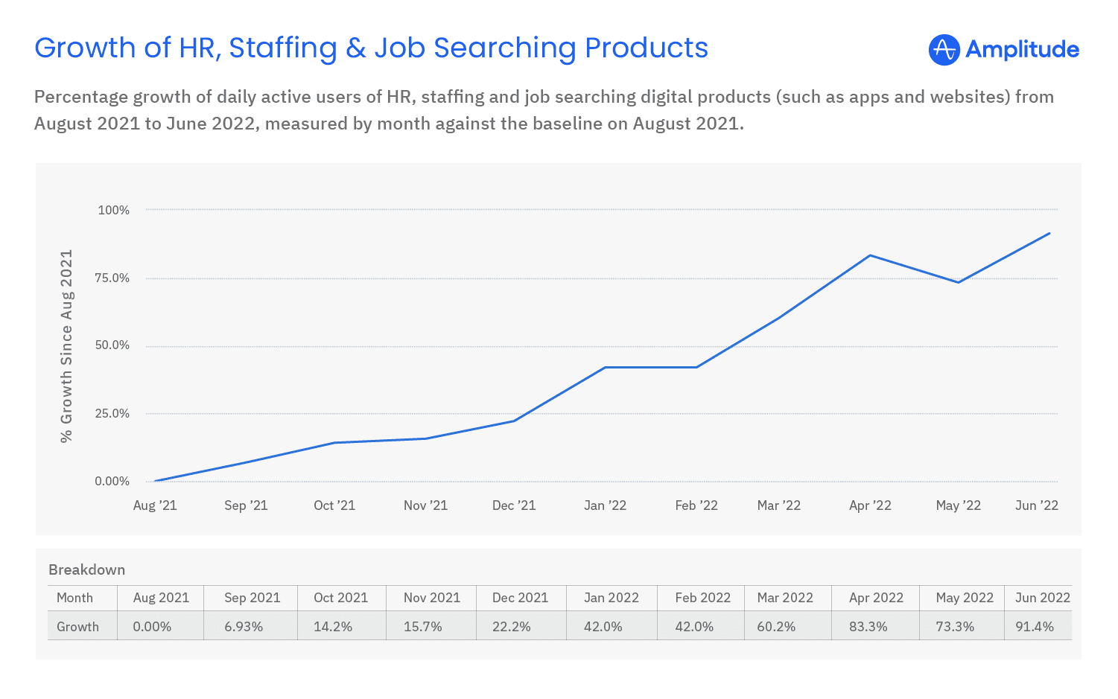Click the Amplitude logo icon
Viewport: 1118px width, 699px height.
944,50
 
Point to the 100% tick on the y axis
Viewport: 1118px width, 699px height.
114,210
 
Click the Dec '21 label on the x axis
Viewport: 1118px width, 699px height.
514,505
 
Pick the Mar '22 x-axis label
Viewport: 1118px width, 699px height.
778,505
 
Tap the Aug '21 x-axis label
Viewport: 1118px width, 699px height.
155,505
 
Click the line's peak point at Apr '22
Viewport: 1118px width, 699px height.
870,255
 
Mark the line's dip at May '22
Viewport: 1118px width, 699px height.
959,282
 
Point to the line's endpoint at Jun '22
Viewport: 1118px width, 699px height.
1049,233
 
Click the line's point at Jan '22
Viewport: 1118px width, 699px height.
605,367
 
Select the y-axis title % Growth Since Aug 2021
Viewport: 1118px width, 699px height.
67,345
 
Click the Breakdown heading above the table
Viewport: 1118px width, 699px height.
86,569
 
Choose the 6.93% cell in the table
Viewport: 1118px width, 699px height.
244,627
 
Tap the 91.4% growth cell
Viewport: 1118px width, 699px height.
1035,627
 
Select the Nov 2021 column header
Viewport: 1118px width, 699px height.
432,598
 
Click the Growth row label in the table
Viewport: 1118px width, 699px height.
77,627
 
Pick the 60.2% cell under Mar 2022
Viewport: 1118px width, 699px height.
776,627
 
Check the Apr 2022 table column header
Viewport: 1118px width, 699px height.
876,598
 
